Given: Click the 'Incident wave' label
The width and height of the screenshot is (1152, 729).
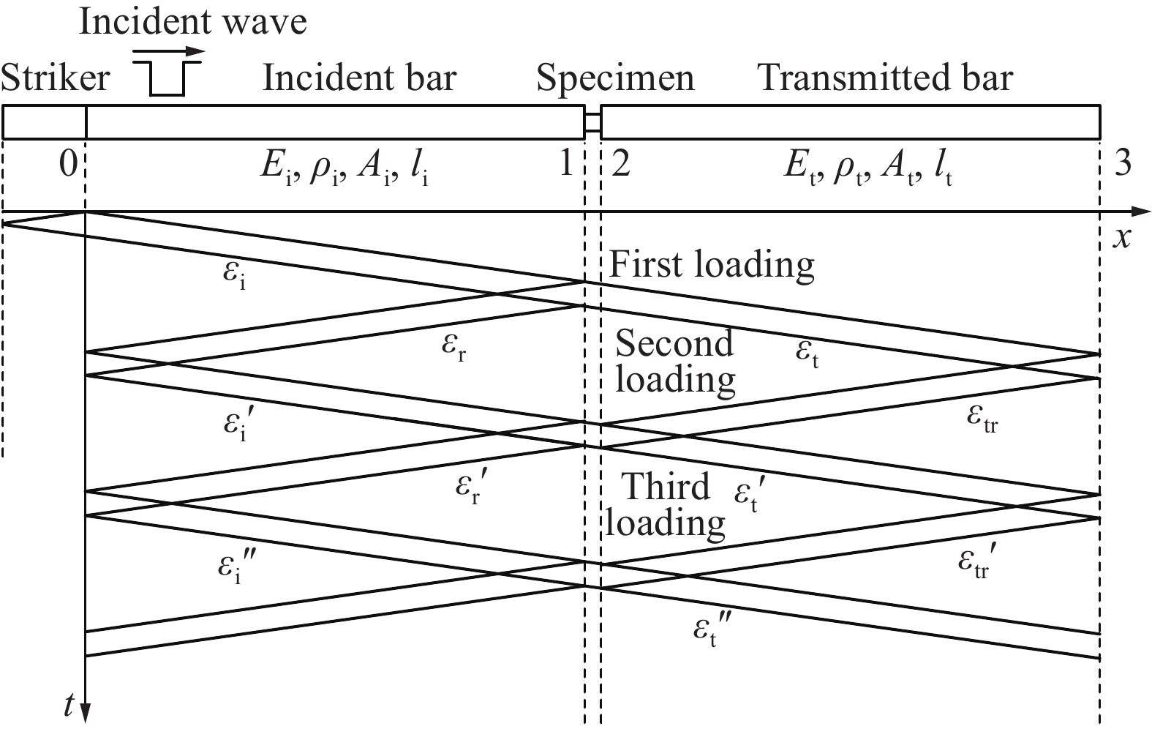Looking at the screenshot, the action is [193, 22].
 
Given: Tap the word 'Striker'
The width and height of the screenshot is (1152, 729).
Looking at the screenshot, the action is [56, 78].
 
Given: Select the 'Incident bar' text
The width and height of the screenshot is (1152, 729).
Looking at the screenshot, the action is [359, 78].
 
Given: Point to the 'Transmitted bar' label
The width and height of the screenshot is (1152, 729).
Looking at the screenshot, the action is [885, 78].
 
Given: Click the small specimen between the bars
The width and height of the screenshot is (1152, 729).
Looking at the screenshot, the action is [593, 122].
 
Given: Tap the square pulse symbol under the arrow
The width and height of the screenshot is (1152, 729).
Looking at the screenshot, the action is [167, 78].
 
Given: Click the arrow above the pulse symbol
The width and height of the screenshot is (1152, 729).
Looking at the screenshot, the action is [169, 51].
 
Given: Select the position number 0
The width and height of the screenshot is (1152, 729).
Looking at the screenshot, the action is [69, 165].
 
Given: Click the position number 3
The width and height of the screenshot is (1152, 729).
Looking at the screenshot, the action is [1123, 164].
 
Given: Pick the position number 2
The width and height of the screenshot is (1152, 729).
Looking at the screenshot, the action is [621, 164].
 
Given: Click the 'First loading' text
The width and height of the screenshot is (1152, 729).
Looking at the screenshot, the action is [712, 265].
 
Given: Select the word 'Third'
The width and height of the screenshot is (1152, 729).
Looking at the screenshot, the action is [666, 486].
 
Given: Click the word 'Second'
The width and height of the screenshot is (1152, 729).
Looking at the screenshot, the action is [674, 343].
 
